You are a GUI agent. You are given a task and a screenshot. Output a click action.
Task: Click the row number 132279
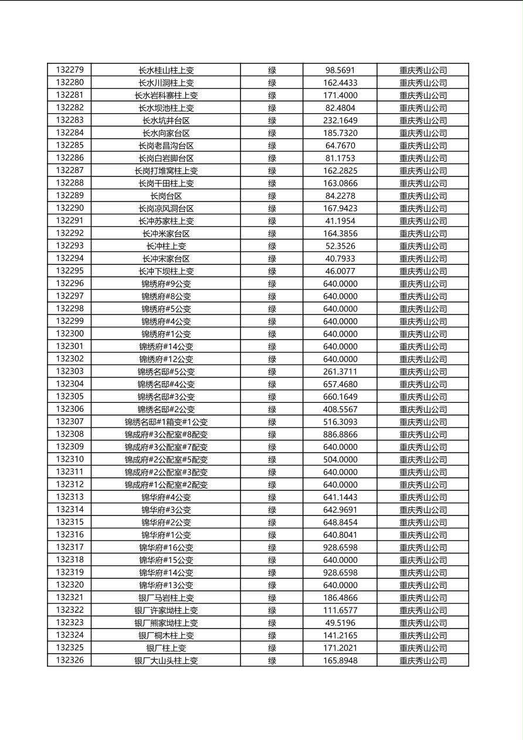coord(70,70)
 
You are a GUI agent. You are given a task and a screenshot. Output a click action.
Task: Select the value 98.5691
coord(340,70)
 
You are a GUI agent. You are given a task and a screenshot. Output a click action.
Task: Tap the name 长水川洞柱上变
coord(166,83)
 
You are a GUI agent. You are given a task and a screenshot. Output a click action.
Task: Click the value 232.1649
coord(340,120)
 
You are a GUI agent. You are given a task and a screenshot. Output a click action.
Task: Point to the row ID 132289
coord(70,195)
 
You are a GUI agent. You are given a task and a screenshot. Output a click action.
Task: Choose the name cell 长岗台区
coord(166,196)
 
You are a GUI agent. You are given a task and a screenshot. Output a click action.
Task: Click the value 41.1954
coord(340,220)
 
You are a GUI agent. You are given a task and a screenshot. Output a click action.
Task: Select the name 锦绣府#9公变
coord(166,284)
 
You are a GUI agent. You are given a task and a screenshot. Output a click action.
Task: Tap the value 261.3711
coord(340,371)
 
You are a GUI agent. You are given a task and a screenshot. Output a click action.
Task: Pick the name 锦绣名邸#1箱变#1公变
coord(166,422)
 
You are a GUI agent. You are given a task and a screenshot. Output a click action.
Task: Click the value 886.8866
coord(340,435)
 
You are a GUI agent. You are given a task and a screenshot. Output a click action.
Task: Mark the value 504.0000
coord(340,459)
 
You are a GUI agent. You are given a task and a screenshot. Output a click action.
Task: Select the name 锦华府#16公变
coord(166,547)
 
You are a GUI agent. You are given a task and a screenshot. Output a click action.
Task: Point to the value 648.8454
coord(340,522)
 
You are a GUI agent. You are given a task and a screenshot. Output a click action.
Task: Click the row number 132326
coord(70,660)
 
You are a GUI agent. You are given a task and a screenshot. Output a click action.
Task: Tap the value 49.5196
coord(340,623)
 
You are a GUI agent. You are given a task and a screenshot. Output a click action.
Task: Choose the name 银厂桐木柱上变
coord(166,635)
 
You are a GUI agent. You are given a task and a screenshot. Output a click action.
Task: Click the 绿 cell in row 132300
coord(272,334)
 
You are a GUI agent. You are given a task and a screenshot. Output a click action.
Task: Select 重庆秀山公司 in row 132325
coord(423,648)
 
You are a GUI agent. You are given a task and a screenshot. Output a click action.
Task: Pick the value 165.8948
coord(340,660)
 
